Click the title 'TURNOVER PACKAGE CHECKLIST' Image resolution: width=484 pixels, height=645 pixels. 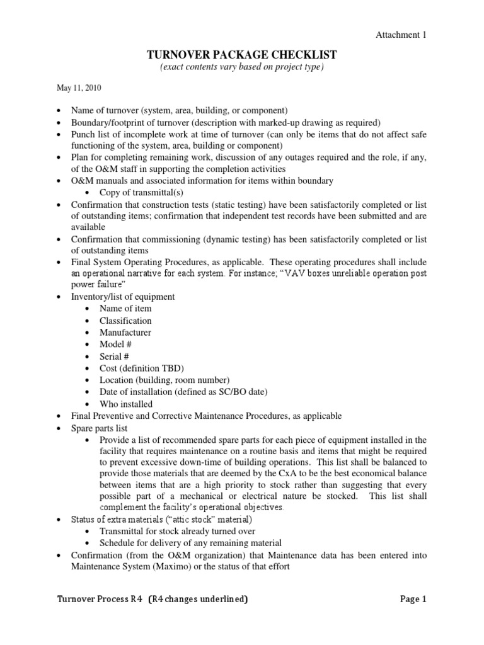[x=242, y=55]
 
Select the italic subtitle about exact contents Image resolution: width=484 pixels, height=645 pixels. [x=242, y=67]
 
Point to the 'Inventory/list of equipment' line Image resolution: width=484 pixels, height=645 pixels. [x=123, y=297]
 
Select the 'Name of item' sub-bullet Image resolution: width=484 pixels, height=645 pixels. [x=125, y=309]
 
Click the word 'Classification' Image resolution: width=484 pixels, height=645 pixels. [x=125, y=321]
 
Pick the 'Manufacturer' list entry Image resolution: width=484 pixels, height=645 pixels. [x=125, y=333]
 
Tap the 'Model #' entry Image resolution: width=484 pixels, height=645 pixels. [x=115, y=345]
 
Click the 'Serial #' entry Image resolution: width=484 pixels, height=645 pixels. [x=115, y=357]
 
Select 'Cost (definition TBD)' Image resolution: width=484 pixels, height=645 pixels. [x=133, y=368]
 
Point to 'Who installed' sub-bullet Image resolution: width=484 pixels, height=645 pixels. [x=126, y=404]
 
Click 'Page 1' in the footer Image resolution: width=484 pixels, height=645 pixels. [x=413, y=600]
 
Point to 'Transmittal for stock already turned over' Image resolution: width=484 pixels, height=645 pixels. [x=173, y=531]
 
